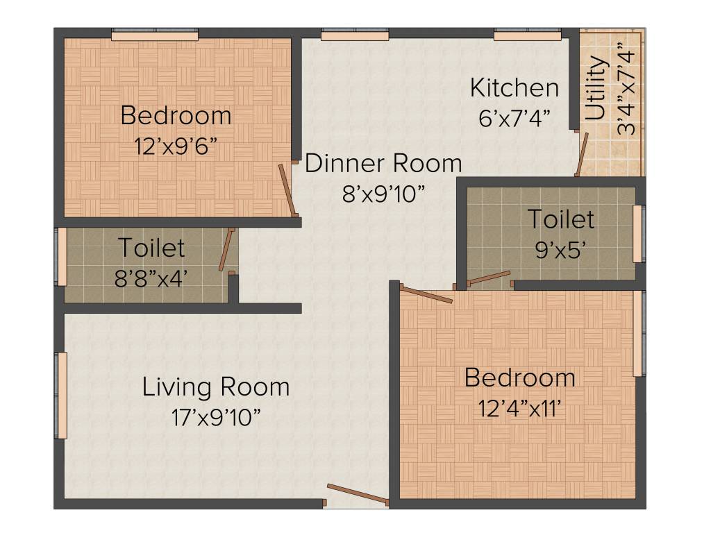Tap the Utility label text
[596, 89]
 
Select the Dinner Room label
[383, 164]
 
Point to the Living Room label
[216, 387]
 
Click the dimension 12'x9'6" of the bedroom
[176, 146]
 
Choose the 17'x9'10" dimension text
[216, 417]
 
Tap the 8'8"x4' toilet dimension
[151, 278]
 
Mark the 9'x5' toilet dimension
[562, 250]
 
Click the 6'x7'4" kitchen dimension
[515, 118]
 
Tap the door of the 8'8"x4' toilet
[227, 250]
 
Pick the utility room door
[582, 153]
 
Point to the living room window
[62, 396]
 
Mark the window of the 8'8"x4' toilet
[62, 256]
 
